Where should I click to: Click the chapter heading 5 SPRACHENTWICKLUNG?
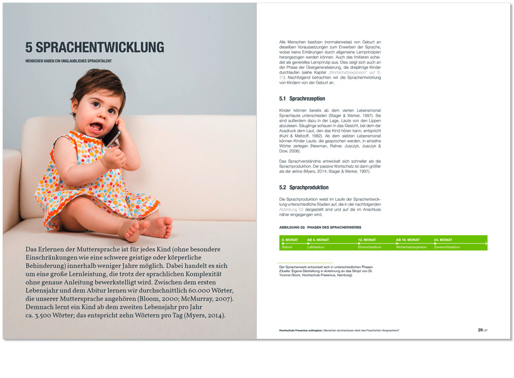pos(95,48)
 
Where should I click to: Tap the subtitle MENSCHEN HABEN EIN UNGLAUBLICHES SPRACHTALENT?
pos(69,61)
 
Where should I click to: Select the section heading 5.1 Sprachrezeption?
pos(302,98)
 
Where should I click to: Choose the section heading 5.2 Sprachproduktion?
pos(304,187)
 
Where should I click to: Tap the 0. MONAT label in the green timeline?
pos(291,240)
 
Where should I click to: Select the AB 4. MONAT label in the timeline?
pos(318,240)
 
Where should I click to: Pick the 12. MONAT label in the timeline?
pos(369,240)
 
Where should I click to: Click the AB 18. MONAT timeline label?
pos(408,240)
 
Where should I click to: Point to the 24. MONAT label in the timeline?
pos(443,240)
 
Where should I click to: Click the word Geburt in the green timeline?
pos(287,247)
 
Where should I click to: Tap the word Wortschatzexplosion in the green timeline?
pos(411,247)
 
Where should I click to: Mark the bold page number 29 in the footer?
pos(480,330)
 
